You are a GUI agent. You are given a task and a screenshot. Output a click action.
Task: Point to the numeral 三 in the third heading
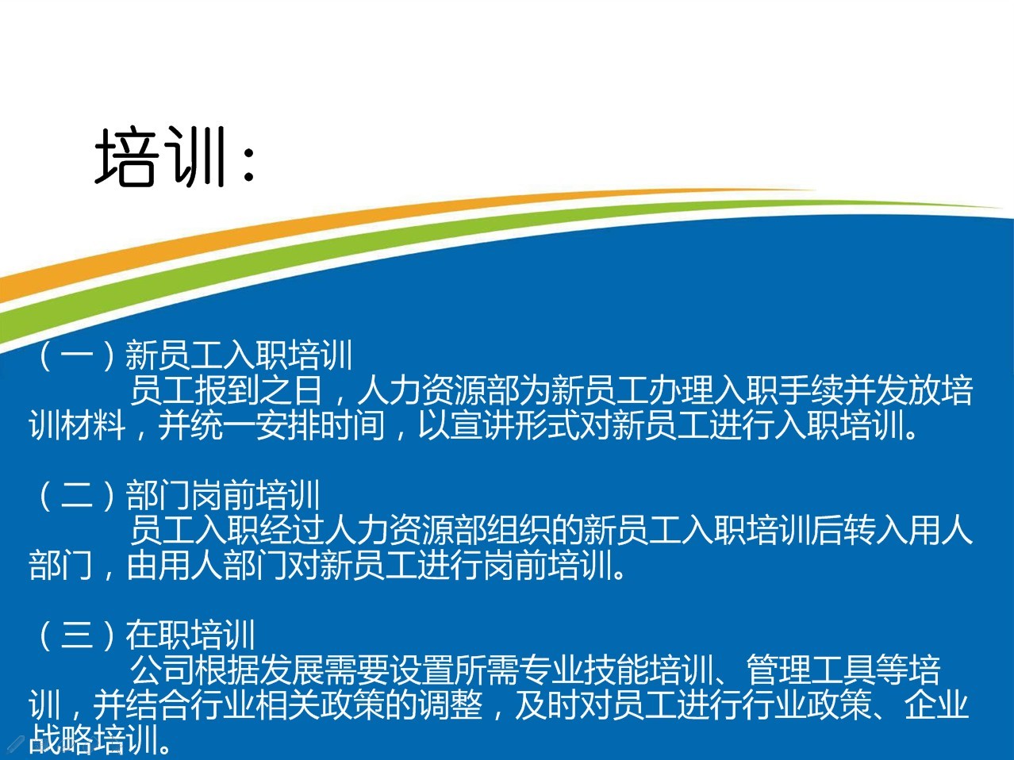click(77, 635)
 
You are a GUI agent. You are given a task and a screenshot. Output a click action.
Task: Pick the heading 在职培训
click(190, 635)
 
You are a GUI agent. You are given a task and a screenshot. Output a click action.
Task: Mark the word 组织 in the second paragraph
click(551, 531)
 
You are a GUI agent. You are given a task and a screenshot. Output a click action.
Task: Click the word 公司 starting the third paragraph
click(162, 670)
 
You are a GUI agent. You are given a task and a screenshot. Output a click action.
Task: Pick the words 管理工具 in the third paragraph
click(811, 670)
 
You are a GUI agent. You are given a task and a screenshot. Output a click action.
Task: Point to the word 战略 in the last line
click(61, 741)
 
